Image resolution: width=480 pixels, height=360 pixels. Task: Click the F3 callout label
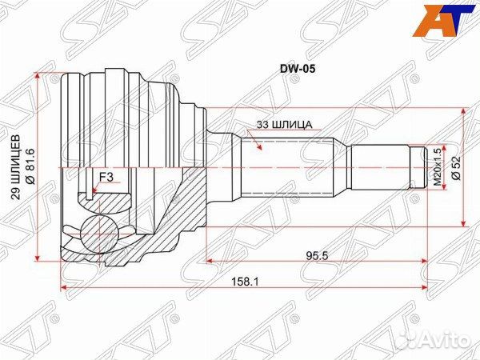[106, 178]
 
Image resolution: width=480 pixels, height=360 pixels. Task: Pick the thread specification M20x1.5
[437, 167]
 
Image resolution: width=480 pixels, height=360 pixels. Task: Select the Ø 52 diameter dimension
[454, 167]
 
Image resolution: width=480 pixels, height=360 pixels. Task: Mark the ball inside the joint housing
[102, 230]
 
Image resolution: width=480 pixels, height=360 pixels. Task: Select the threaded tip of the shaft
[418, 169]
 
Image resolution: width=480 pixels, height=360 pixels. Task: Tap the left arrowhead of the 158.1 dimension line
[63, 288]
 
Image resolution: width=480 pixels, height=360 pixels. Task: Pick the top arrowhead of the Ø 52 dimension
[463, 114]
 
